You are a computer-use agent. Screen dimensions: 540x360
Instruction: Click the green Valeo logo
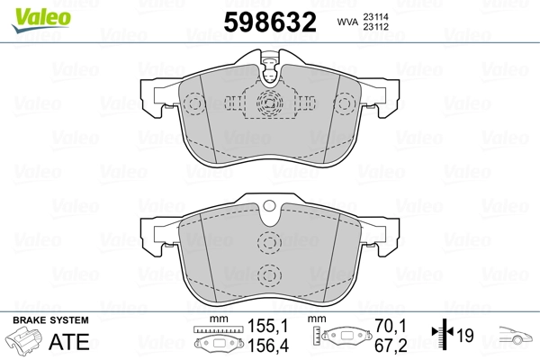tap(41, 19)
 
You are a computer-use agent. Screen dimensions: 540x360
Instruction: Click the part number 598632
tap(270, 22)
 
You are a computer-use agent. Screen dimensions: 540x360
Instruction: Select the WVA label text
tap(347, 22)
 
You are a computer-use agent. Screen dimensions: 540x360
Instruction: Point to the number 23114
tap(375, 16)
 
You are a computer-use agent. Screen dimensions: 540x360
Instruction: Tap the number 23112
tap(375, 26)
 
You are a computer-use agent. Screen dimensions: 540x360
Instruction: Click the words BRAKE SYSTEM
tap(50, 320)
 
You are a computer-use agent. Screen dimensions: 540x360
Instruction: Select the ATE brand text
tap(69, 341)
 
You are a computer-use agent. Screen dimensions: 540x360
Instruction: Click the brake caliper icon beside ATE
tap(24, 339)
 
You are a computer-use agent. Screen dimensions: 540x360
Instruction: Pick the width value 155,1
tap(267, 326)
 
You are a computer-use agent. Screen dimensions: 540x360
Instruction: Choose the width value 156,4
tap(268, 346)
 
